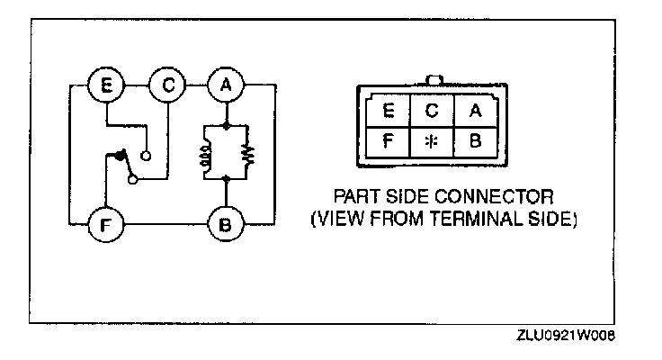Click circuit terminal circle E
point(106,86)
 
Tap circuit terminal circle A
point(225,86)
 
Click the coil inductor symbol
point(206,155)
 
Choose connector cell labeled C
point(431,111)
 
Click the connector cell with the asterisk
point(431,142)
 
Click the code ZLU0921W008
point(566,334)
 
